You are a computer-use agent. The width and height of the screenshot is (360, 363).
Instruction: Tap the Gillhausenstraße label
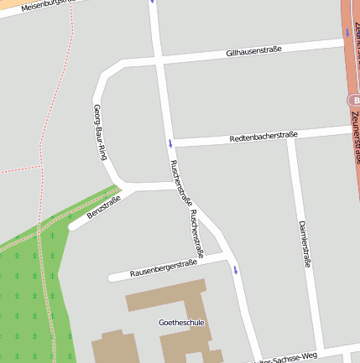(x=253, y=51)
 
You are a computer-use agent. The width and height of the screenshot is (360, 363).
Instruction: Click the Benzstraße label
(x=104, y=206)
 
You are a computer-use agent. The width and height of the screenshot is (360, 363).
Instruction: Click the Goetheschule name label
(x=181, y=322)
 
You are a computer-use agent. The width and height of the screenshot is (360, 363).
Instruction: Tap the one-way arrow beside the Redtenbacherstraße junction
(x=170, y=142)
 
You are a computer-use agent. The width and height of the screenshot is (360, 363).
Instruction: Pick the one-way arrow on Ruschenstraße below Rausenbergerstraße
(x=236, y=270)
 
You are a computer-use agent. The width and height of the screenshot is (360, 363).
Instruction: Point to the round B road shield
(x=353, y=100)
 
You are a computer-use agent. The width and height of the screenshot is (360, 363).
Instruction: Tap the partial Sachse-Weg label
(x=290, y=356)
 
